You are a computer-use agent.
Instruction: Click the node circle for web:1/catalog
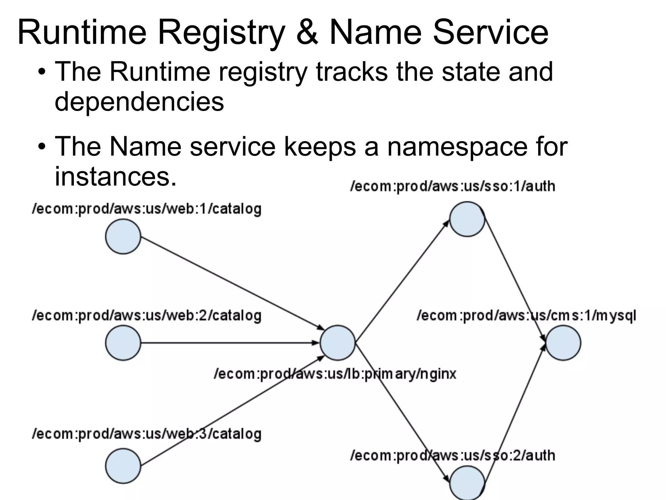pyautogui.click(x=123, y=236)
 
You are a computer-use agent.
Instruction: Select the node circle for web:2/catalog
pyautogui.click(x=123, y=343)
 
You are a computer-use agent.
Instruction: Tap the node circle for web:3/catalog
pyautogui.click(x=123, y=466)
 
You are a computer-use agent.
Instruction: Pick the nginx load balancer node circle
pyautogui.click(x=338, y=343)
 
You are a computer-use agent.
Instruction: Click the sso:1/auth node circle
pyautogui.click(x=467, y=219)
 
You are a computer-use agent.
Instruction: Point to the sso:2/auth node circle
pyautogui.click(x=467, y=483)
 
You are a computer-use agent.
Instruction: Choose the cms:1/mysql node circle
pyautogui.click(x=563, y=343)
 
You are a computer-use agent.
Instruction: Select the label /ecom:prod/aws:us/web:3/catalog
pyautogui.click(x=147, y=434)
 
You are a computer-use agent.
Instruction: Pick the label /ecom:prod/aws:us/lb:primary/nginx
pyautogui.click(x=335, y=374)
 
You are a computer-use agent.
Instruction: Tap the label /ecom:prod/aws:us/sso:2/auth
pyautogui.click(x=453, y=455)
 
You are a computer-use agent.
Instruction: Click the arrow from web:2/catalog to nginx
pyautogui.click(x=228, y=343)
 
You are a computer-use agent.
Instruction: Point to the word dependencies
pyautogui.click(x=140, y=102)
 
